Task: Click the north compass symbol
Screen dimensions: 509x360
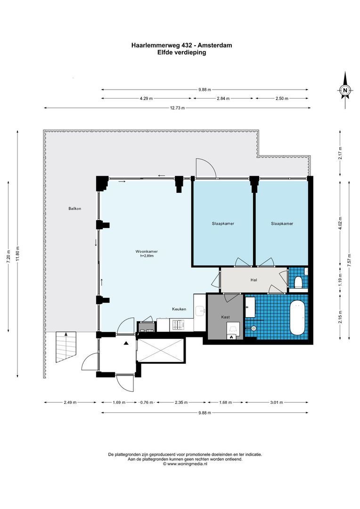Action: tap(345, 90)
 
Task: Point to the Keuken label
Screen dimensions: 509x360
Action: tap(179, 309)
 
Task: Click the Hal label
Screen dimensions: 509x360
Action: tap(254, 280)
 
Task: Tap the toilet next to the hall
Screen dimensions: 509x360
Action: tap(298, 282)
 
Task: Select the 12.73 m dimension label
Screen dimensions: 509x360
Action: tap(177, 108)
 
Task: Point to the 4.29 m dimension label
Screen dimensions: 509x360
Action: tap(147, 99)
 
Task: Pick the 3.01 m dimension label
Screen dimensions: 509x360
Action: tap(277, 402)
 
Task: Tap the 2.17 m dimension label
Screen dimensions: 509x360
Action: tap(340, 154)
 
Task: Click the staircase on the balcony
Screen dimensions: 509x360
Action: tap(66, 347)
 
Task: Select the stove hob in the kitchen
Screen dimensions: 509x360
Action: tap(179, 325)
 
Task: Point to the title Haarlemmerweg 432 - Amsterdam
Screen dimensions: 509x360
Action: tap(181, 46)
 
